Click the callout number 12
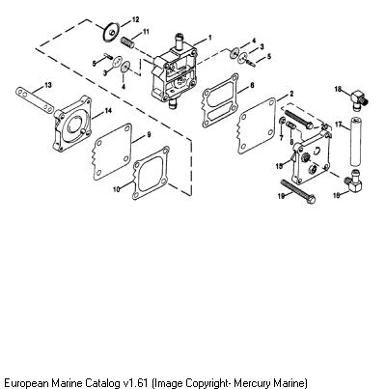(136, 20)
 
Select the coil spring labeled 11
(127, 42)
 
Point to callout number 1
(210, 38)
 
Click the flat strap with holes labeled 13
(34, 100)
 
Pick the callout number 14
(108, 111)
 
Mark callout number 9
(149, 135)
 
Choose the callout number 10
(116, 189)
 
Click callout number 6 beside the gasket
(252, 85)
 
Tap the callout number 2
(291, 94)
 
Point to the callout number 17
(338, 125)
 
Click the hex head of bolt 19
(310, 199)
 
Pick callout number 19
(281, 196)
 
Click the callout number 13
(48, 85)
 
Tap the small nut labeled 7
(282, 122)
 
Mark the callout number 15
(279, 166)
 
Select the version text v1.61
(136, 383)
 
